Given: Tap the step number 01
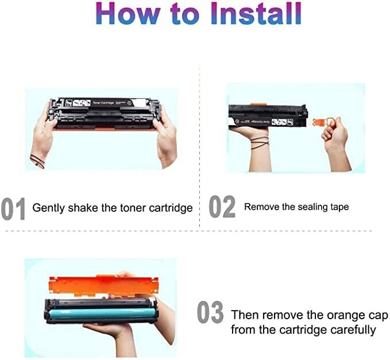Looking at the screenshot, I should coord(13,209).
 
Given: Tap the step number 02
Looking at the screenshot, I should coord(222,207).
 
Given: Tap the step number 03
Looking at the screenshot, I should coord(210,313).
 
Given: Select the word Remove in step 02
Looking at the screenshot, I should coord(260,207).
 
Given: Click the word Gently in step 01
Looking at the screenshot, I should coord(49,208).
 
